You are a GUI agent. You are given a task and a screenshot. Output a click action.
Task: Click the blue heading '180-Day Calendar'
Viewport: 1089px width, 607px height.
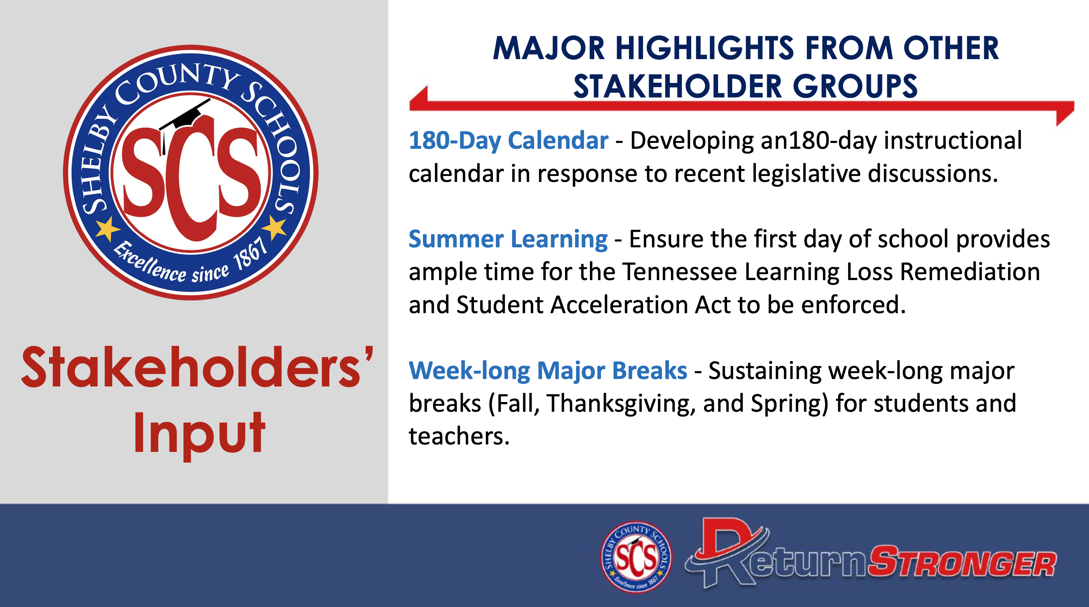508,141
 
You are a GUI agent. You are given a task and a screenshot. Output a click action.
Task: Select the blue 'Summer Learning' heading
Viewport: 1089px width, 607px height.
508,240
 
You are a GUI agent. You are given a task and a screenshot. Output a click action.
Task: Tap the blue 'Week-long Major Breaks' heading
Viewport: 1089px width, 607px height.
548,370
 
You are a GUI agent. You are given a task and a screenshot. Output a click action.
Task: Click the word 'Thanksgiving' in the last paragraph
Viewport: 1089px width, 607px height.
621,404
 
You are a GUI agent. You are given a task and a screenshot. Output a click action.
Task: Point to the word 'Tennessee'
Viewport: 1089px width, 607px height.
680,272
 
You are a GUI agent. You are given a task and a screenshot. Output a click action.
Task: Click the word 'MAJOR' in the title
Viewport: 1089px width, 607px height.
549,48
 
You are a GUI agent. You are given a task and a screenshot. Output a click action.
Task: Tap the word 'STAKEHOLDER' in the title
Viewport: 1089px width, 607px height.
678,87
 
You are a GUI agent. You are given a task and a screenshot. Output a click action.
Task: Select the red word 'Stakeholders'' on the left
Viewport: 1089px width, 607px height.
197,367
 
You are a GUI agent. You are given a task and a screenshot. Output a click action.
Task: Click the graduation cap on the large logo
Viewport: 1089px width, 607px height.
185,118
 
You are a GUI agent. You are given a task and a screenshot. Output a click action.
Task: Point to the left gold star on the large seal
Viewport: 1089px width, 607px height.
107,229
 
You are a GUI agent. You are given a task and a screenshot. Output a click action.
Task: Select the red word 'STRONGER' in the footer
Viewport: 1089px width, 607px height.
962,561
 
